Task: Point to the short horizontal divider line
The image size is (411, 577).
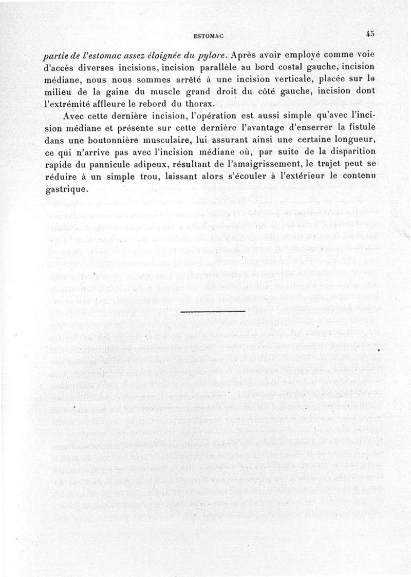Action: (213, 312)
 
